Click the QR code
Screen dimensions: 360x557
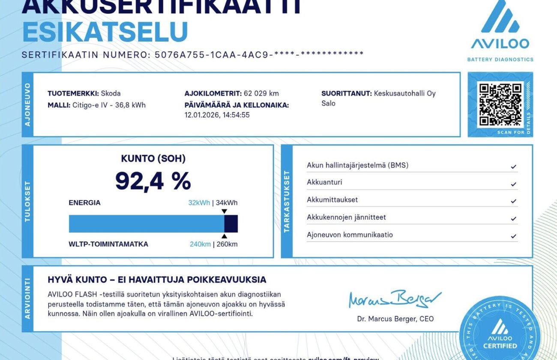(500, 105)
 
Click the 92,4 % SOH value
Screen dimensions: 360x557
(153, 181)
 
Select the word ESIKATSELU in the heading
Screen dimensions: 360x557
(105, 32)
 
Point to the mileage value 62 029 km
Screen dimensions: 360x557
(261, 93)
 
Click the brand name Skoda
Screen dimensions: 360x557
(111, 93)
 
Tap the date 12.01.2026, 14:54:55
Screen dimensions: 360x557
(217, 115)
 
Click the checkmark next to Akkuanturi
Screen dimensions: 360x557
(513, 184)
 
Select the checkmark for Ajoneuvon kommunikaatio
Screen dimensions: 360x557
(513, 236)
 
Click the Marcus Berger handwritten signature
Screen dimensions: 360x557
(394, 298)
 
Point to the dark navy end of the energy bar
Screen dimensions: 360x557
(231, 224)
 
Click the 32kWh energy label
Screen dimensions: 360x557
(199, 203)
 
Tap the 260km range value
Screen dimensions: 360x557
(227, 244)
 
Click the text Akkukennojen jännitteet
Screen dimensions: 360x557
(346, 217)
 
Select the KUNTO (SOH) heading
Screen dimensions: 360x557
(153, 159)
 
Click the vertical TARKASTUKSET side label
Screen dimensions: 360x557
(287, 201)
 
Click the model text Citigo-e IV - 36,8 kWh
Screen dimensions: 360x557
(109, 105)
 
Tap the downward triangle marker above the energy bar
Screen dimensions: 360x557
(224, 211)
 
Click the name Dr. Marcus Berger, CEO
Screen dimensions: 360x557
(395, 319)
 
